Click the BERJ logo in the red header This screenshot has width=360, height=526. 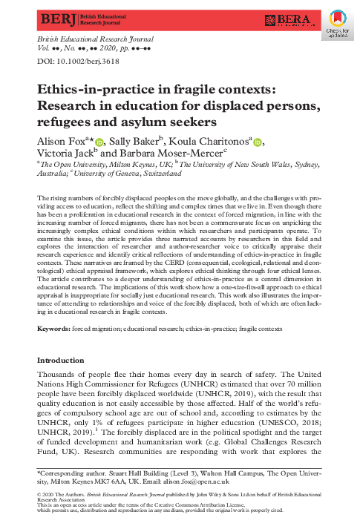point(51,16)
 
